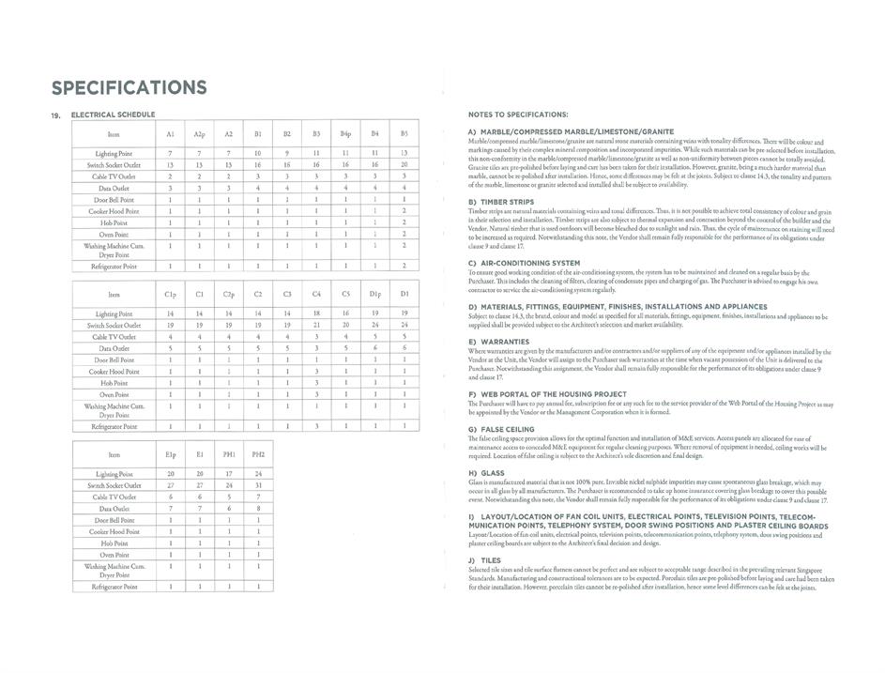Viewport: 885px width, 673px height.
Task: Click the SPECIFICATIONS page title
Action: (129, 87)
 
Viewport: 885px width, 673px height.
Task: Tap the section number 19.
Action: (55, 115)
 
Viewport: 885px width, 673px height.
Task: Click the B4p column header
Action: (345, 134)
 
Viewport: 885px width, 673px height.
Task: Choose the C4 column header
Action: (316, 294)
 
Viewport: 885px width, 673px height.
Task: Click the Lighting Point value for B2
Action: (287, 152)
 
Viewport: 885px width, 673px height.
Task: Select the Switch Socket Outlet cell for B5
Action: (404, 164)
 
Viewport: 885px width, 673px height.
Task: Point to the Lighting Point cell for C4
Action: (316, 313)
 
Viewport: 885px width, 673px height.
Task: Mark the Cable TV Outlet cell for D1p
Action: (375, 336)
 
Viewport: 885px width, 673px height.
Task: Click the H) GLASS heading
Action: (485, 473)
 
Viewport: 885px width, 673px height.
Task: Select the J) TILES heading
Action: (484, 560)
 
